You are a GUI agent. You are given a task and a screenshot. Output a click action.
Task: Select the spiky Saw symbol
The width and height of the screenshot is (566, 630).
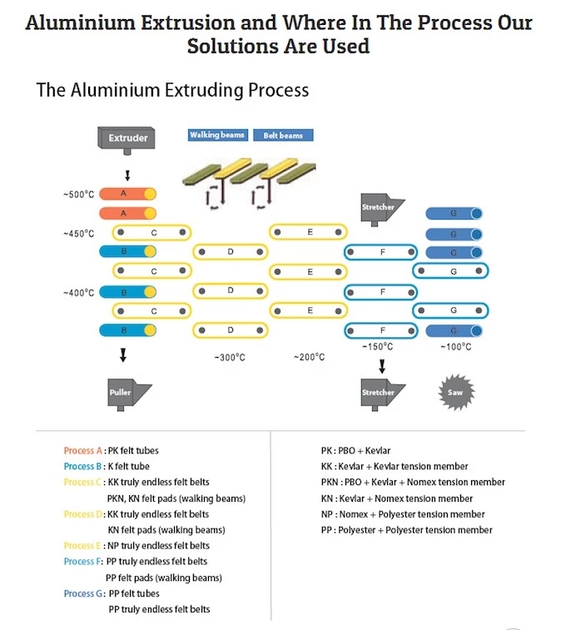tap(456, 392)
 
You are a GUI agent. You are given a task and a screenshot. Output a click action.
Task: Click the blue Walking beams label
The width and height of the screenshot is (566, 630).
tap(218, 135)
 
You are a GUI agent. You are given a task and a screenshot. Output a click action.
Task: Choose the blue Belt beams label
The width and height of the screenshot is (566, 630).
tap(283, 136)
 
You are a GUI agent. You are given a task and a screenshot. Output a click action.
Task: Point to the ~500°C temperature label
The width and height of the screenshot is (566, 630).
tap(79, 195)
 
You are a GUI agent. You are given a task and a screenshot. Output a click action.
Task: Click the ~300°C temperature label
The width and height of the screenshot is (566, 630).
tap(230, 357)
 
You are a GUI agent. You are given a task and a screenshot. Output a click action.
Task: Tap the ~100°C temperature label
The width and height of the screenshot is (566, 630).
tap(456, 347)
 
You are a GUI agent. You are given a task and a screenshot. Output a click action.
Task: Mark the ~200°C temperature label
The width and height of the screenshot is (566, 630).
tap(310, 357)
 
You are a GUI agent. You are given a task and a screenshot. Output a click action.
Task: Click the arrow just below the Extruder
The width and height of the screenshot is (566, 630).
tap(127, 176)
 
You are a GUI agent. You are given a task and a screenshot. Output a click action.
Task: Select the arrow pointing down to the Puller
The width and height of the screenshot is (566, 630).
tap(123, 355)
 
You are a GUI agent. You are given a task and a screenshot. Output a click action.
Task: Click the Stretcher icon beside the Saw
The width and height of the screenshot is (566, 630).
tap(383, 394)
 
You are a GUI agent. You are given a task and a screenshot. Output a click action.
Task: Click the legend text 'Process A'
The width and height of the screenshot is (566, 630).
tap(82, 450)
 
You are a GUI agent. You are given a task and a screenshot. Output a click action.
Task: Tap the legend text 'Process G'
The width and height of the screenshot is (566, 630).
tap(83, 593)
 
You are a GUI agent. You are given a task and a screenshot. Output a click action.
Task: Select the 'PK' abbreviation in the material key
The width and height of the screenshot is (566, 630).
tap(326, 450)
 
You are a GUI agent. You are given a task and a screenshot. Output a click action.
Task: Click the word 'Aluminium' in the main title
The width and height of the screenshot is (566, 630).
tap(81, 22)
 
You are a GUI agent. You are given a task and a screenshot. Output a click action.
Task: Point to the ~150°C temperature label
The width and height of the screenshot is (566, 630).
tap(378, 346)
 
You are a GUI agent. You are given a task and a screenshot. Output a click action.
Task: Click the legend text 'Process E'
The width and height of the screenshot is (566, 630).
tap(82, 546)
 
